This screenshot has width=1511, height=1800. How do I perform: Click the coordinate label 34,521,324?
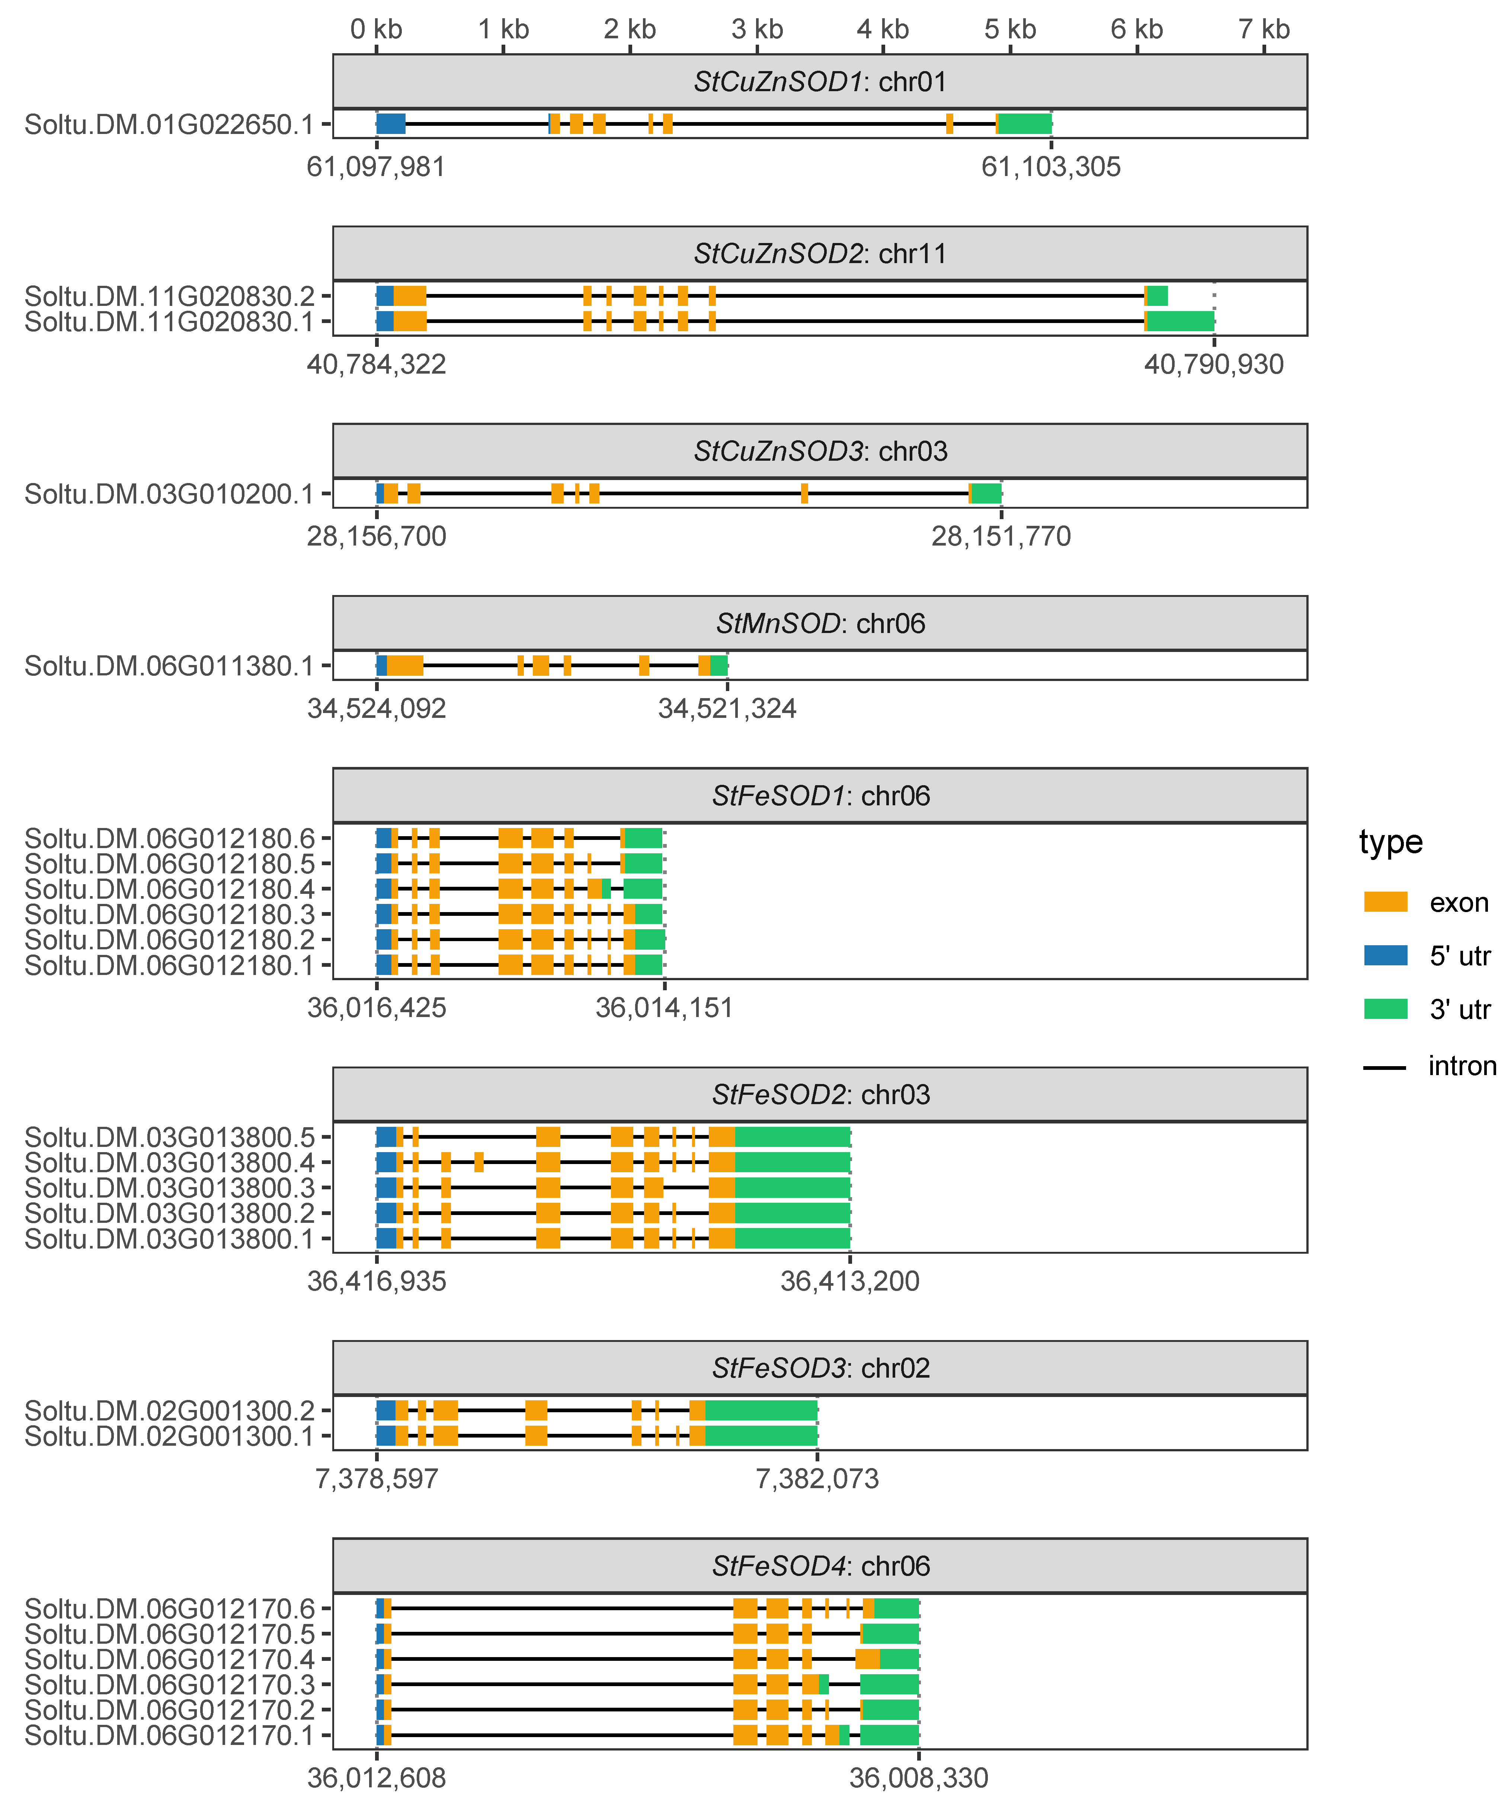coord(727,709)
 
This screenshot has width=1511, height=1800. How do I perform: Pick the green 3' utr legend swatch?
coord(1385,1009)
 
